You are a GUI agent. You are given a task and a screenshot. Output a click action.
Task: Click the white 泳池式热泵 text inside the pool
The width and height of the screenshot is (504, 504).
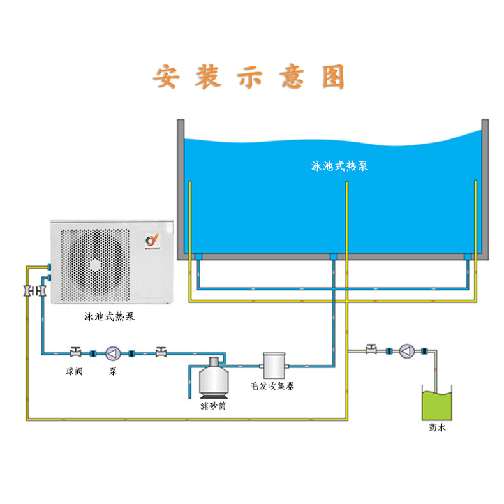tap(339, 166)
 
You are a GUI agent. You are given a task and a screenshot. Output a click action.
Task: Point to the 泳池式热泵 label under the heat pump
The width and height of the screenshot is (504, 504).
tap(109, 316)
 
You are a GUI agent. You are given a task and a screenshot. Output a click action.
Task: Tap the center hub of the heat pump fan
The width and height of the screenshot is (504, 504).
tap(94, 263)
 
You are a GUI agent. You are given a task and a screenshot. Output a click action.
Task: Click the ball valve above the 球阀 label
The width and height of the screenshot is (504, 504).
tap(75, 352)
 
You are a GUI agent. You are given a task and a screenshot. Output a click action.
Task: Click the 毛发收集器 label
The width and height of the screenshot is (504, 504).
tap(272, 387)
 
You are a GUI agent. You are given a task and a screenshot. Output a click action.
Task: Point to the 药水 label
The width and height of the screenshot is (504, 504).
tap(437, 429)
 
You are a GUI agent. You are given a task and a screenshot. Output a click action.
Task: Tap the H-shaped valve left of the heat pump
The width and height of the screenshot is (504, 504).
tap(31, 291)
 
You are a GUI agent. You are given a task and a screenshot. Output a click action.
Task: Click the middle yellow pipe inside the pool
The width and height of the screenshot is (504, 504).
tap(346, 217)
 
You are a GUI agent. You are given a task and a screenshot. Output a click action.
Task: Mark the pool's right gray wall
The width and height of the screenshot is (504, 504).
tap(484, 191)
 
